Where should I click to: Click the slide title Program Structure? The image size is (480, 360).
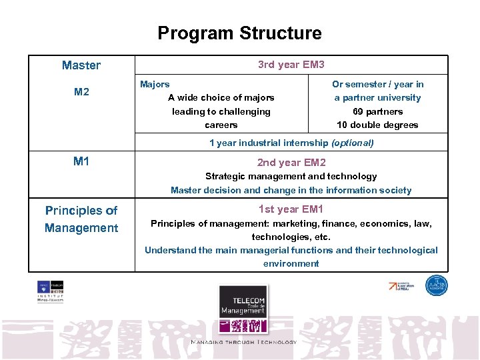[x=239, y=33]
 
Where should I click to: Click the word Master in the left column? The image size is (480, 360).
[x=81, y=65]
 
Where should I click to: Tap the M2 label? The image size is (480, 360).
[x=81, y=92]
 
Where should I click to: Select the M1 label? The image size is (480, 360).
[x=81, y=161]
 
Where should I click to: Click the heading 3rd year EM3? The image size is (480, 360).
[x=291, y=65]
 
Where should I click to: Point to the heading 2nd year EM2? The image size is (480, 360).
[x=291, y=162]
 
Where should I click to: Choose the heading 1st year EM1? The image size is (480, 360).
[x=291, y=209]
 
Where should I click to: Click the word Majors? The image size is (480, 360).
[x=155, y=84]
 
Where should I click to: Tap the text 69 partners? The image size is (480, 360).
[x=377, y=111]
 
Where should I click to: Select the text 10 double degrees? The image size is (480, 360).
[x=377, y=125]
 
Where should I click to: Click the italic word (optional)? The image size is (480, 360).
[x=352, y=143]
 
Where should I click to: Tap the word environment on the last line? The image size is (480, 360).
[x=291, y=263]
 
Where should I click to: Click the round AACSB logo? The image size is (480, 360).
[x=436, y=285]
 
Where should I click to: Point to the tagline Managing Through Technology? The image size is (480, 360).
[x=243, y=342]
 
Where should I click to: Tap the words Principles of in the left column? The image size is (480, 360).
[x=81, y=211]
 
